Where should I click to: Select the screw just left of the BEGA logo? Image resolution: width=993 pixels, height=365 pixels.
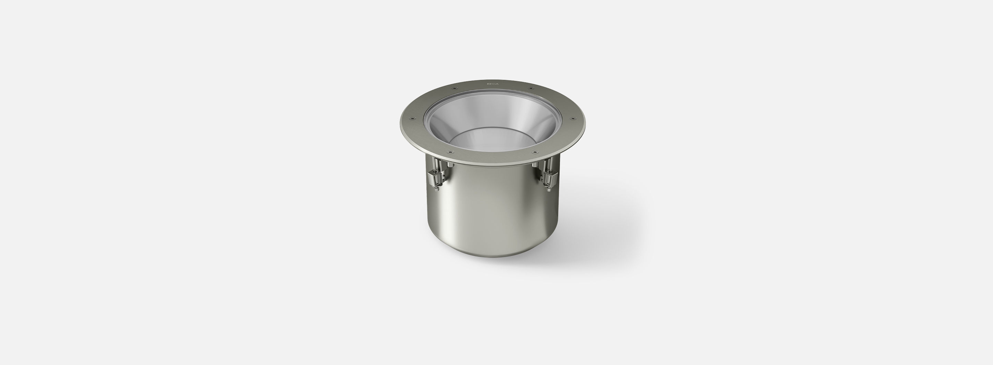(x=454, y=88)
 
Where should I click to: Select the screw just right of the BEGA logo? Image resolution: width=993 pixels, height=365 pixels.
(x=531, y=88)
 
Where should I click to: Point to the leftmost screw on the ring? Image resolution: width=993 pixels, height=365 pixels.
(x=414, y=118)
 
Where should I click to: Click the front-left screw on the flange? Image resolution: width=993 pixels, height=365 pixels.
(x=450, y=153)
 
